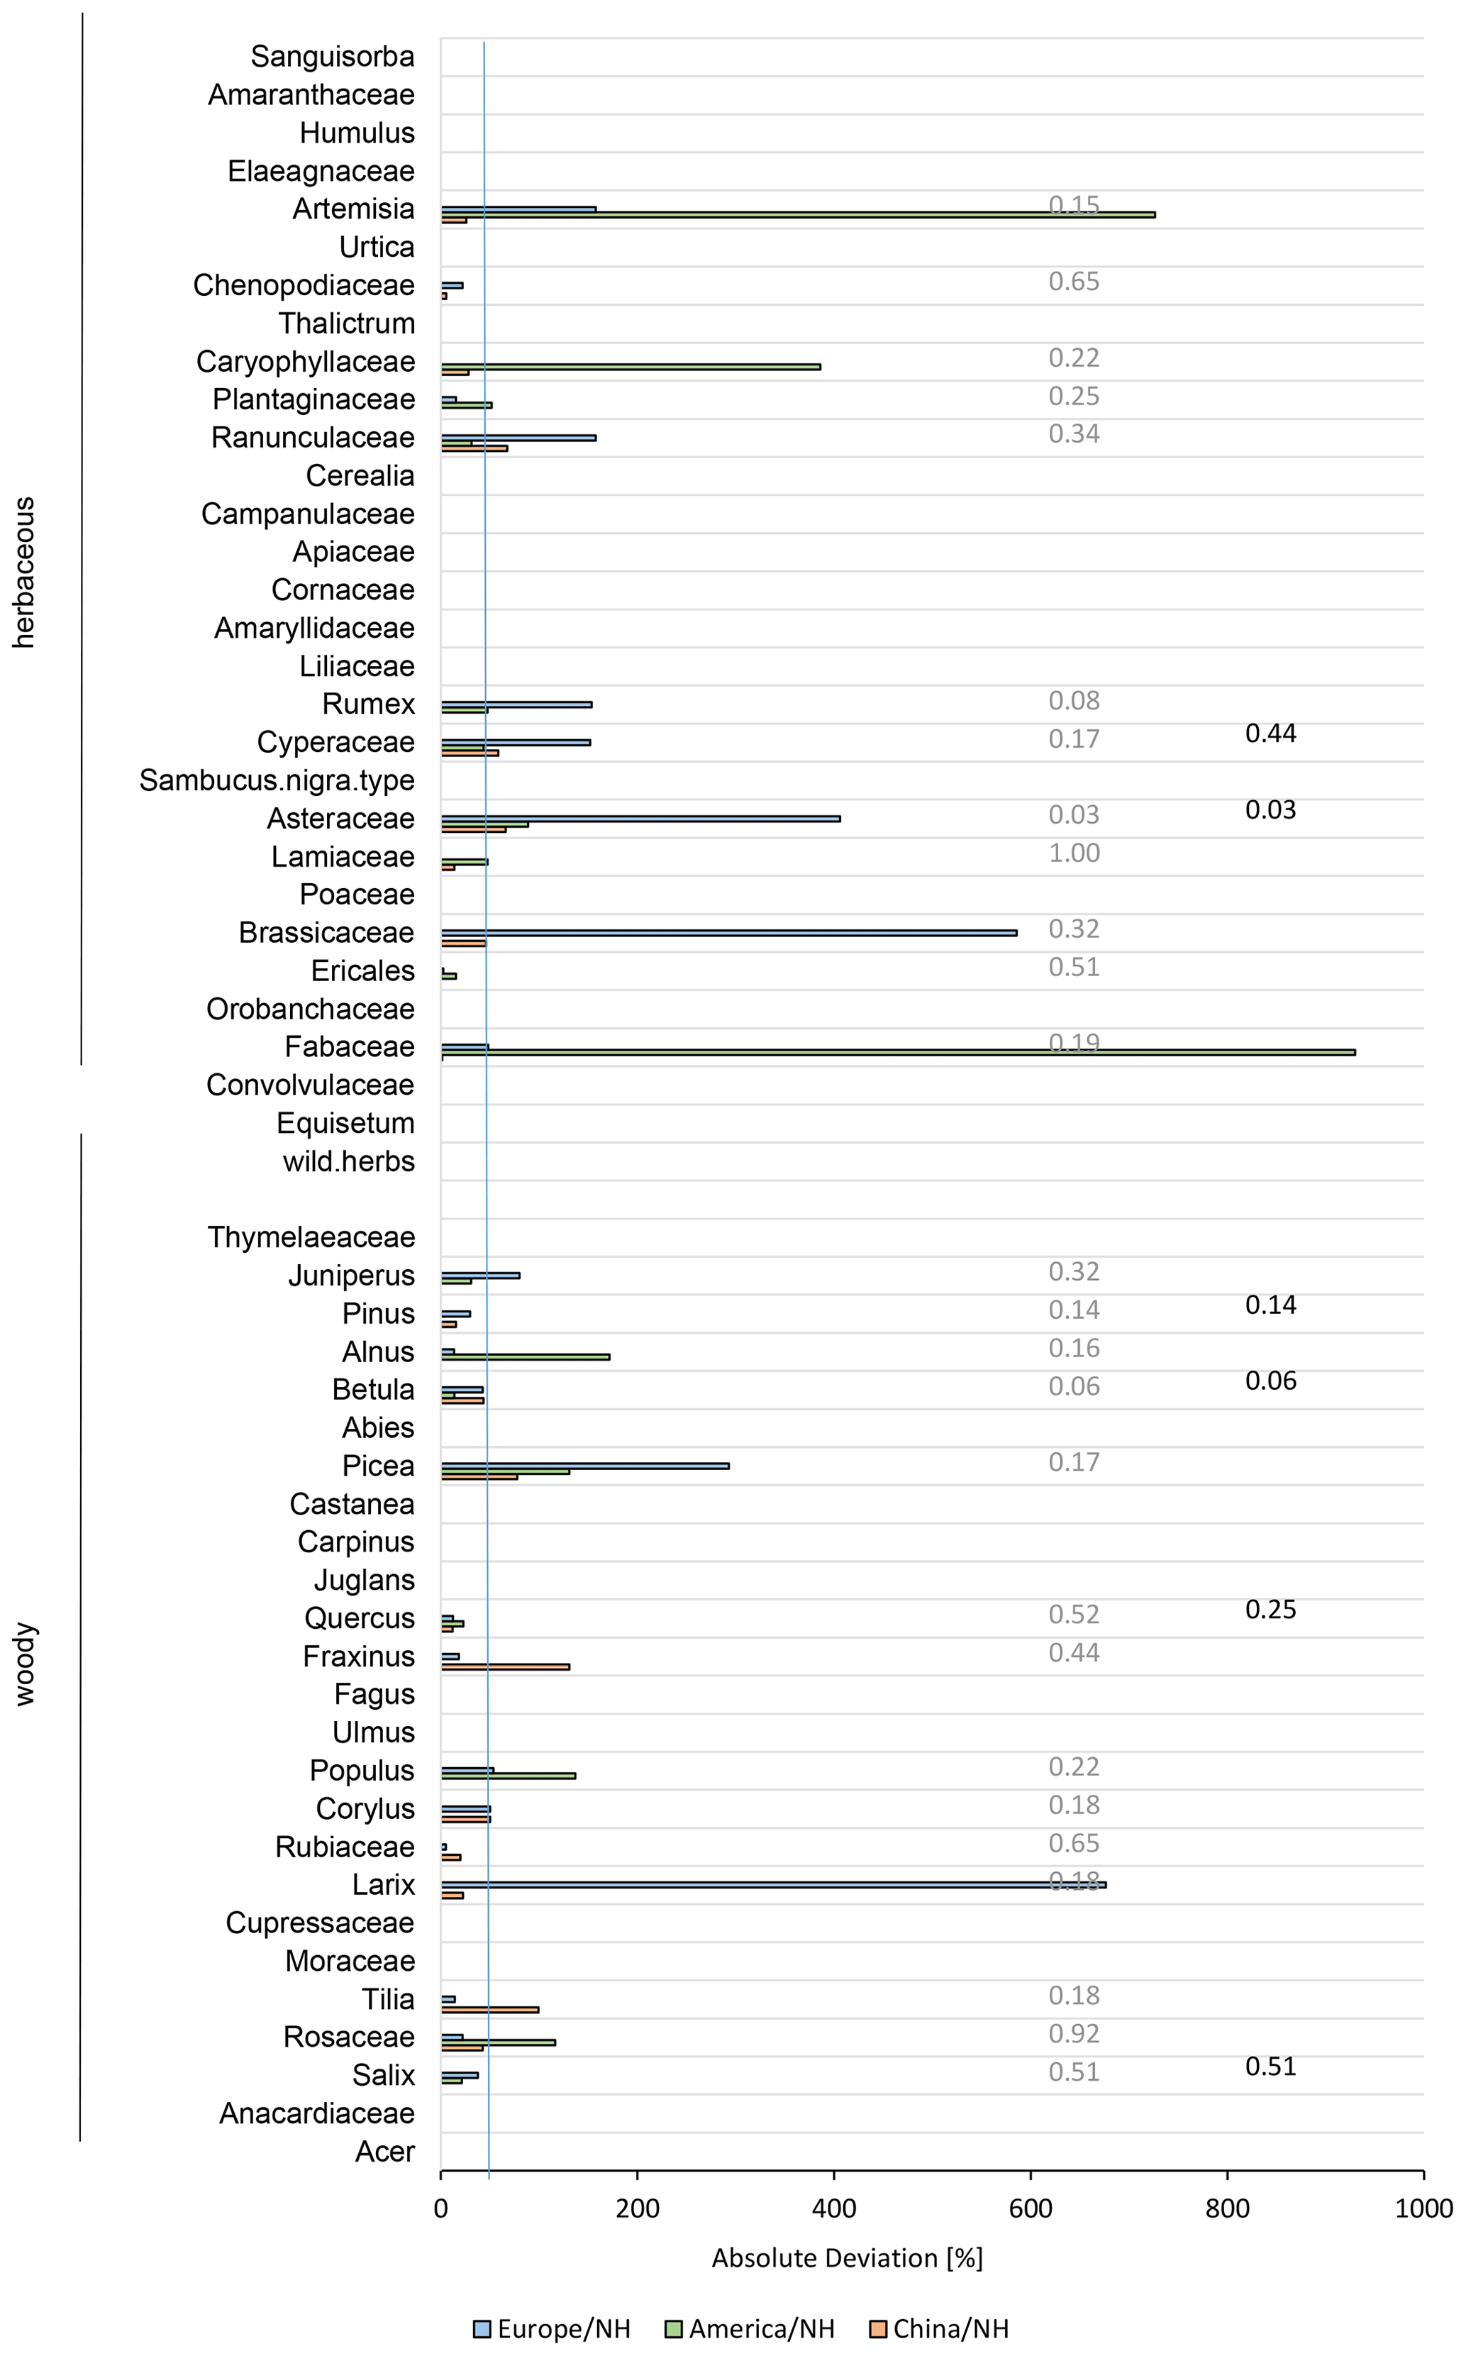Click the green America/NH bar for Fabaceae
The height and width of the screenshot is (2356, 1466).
897,1052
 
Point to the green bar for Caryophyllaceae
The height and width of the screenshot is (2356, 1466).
631,367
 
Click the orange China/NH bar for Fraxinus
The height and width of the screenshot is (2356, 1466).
505,1666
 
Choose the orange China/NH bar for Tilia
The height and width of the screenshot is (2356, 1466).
489,2009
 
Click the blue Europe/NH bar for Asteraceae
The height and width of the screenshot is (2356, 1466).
640,818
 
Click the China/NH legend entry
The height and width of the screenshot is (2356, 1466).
940,2329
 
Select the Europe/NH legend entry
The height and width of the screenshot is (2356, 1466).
552,2329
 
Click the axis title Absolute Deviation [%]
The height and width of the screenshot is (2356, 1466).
846,2258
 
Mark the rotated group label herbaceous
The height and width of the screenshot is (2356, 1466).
23,572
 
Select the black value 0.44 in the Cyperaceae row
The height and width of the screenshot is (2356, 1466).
1270,734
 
